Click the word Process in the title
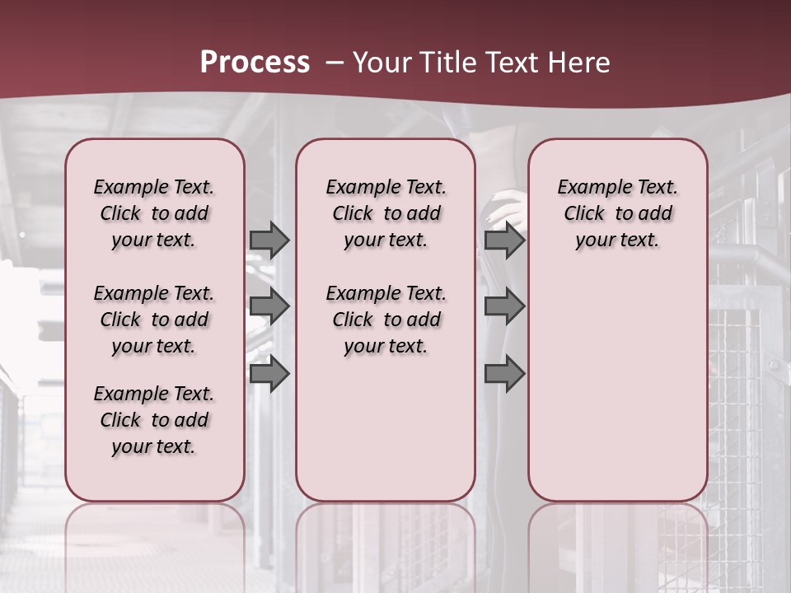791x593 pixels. pos(255,63)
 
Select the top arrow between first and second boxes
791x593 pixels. pos(269,240)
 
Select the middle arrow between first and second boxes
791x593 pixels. pos(269,306)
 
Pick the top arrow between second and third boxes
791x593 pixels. pos(504,240)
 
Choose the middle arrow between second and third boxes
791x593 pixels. pos(504,306)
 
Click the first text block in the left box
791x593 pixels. pos(154,213)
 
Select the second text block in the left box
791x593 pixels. pos(154,320)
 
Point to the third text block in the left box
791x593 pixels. pos(154,420)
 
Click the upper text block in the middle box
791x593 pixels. pos(386,213)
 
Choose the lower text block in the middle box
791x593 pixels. pos(386,320)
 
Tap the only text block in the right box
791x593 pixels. pos(617,213)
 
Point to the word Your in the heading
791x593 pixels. pos(381,63)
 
